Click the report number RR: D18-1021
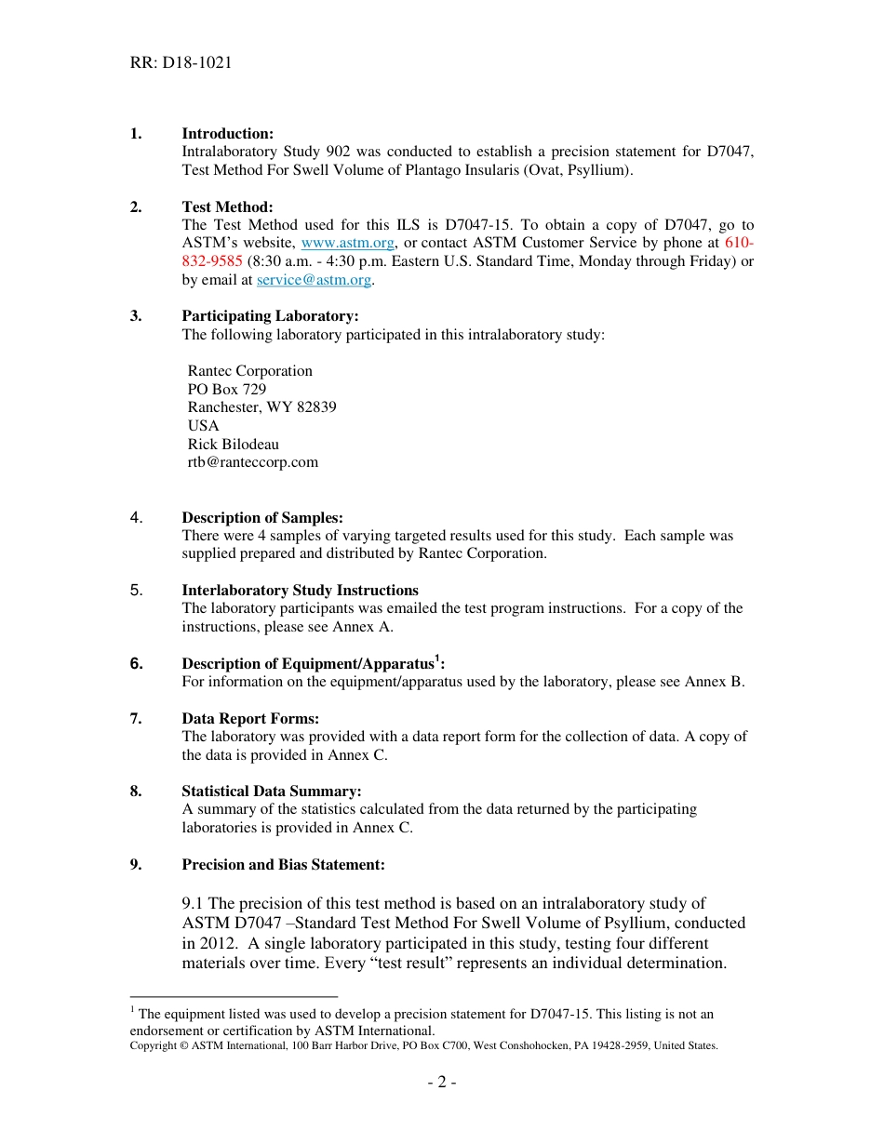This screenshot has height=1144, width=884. pyautogui.click(x=181, y=63)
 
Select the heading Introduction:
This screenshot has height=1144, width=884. pyautogui.click(x=227, y=134)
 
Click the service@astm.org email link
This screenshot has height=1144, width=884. pyautogui.click(x=314, y=280)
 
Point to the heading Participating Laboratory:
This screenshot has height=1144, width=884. pyautogui.click(x=270, y=316)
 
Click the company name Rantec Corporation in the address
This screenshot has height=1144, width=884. pyautogui.click(x=249, y=371)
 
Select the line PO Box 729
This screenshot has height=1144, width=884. pyautogui.click(x=226, y=390)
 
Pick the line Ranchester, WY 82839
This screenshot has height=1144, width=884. pyautogui.click(x=261, y=407)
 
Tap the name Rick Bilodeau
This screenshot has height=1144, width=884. pyautogui.click(x=233, y=445)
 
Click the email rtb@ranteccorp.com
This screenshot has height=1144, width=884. pyautogui.click(x=252, y=462)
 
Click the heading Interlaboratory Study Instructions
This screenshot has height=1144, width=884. pyautogui.click(x=300, y=591)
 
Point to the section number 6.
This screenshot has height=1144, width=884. pyautogui.click(x=136, y=664)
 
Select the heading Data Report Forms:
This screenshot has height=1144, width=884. pyautogui.click(x=250, y=719)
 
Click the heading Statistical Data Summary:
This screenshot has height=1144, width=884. pyautogui.click(x=272, y=791)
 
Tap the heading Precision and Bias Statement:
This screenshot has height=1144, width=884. pyautogui.click(x=283, y=865)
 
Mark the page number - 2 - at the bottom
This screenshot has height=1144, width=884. pyautogui.click(x=441, y=1083)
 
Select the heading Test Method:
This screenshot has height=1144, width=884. pyautogui.click(x=227, y=207)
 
